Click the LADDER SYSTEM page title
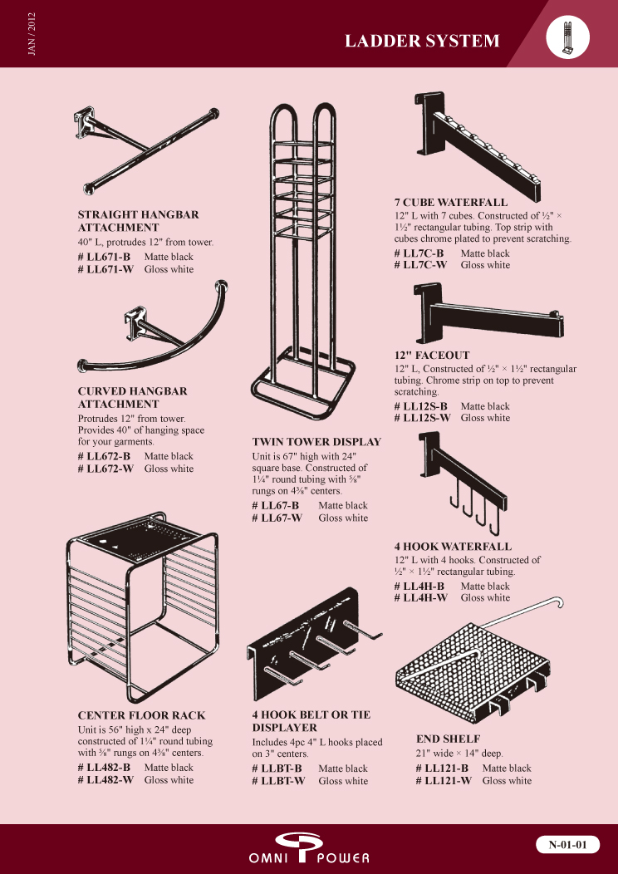(422, 41)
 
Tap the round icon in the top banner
(568, 37)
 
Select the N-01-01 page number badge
(568, 844)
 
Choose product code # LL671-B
(104, 257)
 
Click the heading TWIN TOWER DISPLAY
(316, 442)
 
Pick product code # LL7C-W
(421, 265)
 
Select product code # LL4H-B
(419, 586)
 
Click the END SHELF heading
(448, 739)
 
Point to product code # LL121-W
(444, 781)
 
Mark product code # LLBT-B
(277, 768)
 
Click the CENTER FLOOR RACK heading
(141, 715)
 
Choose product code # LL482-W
(105, 780)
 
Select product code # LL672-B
(104, 456)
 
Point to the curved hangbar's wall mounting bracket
(135, 322)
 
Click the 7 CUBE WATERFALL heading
(451, 203)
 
